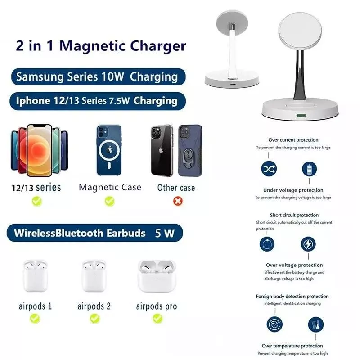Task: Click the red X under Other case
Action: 178,201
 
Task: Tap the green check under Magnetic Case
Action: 109,201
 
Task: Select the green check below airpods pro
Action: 157,319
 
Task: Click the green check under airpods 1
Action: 35,319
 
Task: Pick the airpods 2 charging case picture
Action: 94,276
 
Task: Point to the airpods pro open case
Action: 157,276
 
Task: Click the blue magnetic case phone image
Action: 109,150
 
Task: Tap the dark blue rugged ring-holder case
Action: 190,151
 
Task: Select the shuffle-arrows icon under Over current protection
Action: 269,169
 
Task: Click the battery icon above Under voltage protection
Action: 309,169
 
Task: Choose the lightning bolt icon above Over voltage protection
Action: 308,244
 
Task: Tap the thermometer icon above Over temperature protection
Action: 316,324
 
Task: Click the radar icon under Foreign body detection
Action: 274,324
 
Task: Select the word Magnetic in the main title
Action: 92,46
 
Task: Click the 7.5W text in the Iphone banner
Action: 119,101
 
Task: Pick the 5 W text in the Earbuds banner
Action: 165,233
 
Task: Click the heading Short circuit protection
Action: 294,215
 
